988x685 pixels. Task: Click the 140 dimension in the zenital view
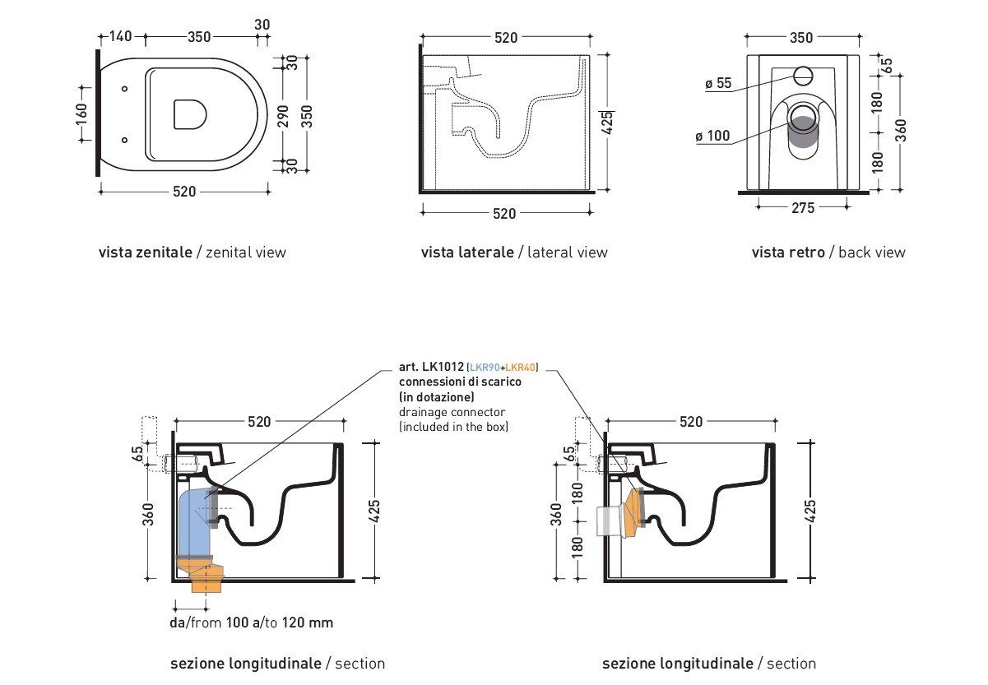(x=121, y=36)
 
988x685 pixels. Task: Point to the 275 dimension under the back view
(x=803, y=208)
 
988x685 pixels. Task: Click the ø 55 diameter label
(x=718, y=83)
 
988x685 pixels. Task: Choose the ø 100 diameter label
(x=712, y=136)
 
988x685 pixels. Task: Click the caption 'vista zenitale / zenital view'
(x=192, y=252)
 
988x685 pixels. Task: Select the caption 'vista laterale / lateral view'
(x=514, y=252)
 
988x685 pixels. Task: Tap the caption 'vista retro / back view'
(x=828, y=252)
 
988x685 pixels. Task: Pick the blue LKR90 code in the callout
(x=485, y=368)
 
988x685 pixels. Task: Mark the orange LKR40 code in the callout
(x=520, y=368)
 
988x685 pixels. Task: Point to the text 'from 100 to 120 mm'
(x=251, y=623)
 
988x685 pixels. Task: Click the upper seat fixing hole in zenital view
(x=123, y=89)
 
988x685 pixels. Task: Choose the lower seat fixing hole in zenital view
(x=123, y=140)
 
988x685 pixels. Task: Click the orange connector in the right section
(x=634, y=510)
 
